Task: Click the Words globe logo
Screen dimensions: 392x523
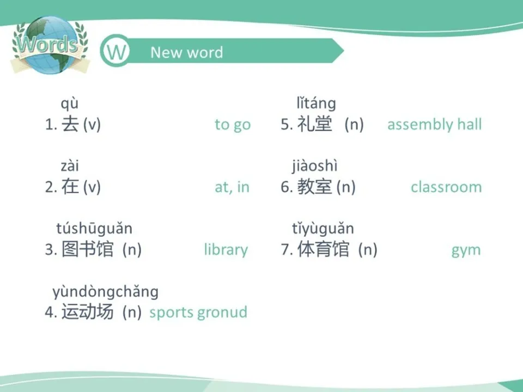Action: (47, 46)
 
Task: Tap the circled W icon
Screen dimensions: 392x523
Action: (115, 52)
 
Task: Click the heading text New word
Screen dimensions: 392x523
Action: (186, 52)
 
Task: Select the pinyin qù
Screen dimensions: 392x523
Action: (69, 103)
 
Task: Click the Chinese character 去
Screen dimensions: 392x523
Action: (70, 125)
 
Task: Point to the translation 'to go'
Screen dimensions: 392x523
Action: (233, 125)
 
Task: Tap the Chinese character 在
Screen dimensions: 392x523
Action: (70, 187)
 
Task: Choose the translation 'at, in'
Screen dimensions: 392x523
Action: (232, 187)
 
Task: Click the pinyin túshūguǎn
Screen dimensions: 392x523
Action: (94, 229)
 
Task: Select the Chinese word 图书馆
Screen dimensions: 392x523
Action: (88, 250)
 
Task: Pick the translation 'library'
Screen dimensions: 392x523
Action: (226, 250)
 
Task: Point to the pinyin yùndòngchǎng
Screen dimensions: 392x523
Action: (105, 292)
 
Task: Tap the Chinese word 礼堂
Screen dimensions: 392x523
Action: (314, 125)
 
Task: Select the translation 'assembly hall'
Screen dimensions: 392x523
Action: (434, 125)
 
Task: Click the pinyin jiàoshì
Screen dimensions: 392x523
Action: (314, 166)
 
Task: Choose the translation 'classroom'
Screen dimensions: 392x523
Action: (446, 187)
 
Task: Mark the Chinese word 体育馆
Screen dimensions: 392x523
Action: (323, 250)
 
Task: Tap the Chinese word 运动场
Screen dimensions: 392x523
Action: (88, 313)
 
